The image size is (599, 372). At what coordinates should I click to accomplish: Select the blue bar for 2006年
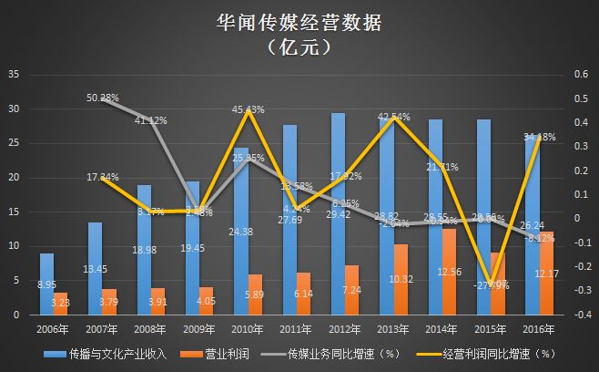[x=46, y=284]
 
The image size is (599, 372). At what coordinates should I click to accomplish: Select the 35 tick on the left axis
[x=12, y=74]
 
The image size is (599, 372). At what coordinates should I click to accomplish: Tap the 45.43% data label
[x=249, y=110]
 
